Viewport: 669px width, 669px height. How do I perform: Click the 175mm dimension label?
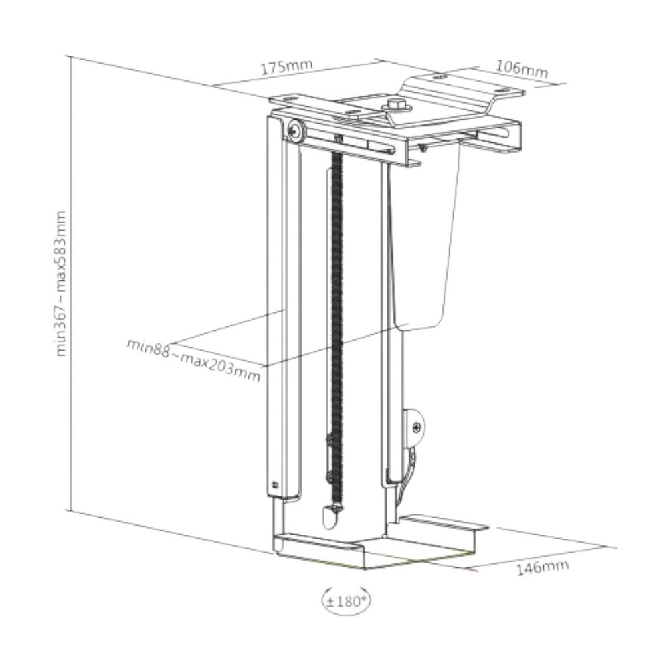click(x=286, y=68)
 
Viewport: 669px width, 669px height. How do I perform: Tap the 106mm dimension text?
click(x=521, y=69)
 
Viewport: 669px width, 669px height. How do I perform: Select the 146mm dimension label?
click(x=543, y=567)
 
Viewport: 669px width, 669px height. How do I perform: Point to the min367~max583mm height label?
click(x=61, y=284)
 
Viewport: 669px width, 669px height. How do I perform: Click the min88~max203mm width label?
click(x=193, y=360)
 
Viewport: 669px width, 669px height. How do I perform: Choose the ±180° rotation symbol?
click(x=346, y=601)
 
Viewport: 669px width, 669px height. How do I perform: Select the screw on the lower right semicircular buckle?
click(x=417, y=427)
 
